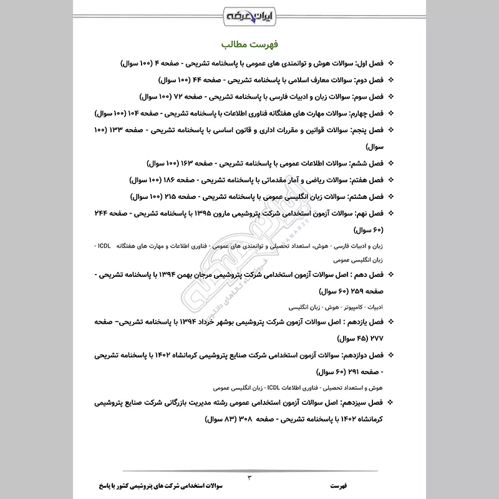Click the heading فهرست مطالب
(x=249, y=46)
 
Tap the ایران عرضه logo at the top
(x=249, y=13)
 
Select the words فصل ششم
(x=366, y=163)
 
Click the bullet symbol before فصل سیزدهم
(x=390, y=403)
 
